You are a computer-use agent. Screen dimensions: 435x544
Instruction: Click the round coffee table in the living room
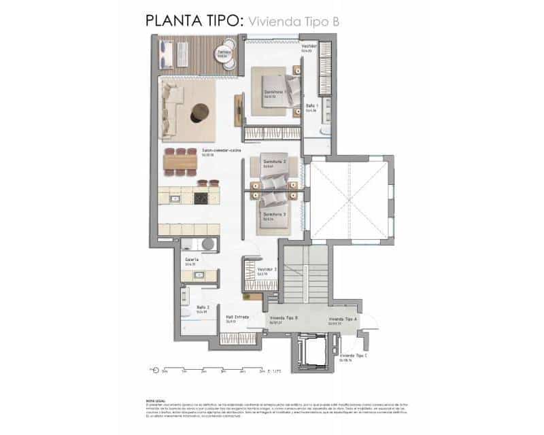pyautogui.click(x=201, y=111)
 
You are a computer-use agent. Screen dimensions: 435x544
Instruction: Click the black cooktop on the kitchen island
pyautogui.click(x=202, y=198)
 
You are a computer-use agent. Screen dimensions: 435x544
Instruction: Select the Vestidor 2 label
pyautogui.click(x=267, y=269)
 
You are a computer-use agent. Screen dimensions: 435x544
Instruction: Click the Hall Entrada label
pyautogui.click(x=237, y=317)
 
